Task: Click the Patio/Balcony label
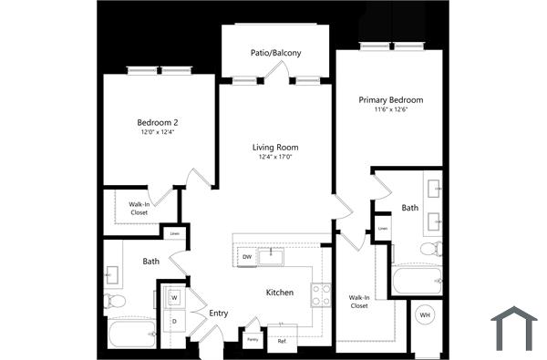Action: (x=275, y=53)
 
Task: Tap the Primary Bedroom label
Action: (x=390, y=99)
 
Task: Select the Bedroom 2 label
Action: (x=157, y=122)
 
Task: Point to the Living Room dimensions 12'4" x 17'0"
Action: (x=275, y=157)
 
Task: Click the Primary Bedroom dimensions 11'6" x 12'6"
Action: (x=390, y=110)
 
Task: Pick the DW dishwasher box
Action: (x=247, y=258)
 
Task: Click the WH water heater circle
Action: (x=424, y=315)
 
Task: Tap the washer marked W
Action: (x=173, y=298)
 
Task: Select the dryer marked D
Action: (x=173, y=321)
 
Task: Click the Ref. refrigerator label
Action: (x=282, y=341)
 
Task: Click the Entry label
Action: (x=219, y=314)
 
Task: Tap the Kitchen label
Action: (x=279, y=293)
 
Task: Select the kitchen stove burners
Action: (x=321, y=293)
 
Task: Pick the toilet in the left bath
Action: (x=116, y=301)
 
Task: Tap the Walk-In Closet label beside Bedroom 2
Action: (x=139, y=209)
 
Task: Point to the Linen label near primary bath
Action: (x=383, y=228)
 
